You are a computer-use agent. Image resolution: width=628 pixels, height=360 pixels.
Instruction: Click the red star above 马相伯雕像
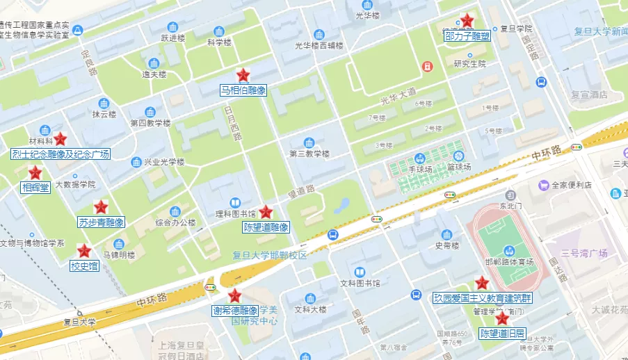(x=243, y=75)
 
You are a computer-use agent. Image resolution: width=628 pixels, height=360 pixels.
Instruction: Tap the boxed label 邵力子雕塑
(x=467, y=35)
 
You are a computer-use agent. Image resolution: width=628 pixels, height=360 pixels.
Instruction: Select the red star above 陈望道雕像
(x=266, y=212)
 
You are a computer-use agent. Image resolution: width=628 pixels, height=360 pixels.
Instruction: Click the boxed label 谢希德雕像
(x=235, y=311)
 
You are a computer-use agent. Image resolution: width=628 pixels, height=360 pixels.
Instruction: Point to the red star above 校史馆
(x=84, y=251)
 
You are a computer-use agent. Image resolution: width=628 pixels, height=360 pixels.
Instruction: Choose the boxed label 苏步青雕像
(x=101, y=222)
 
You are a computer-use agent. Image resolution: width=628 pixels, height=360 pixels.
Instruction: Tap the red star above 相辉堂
(x=35, y=172)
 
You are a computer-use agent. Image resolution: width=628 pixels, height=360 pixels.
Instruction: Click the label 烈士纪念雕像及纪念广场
(x=61, y=154)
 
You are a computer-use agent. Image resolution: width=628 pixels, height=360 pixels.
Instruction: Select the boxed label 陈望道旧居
(x=502, y=334)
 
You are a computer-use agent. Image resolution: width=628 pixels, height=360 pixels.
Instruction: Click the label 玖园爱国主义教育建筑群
(x=481, y=298)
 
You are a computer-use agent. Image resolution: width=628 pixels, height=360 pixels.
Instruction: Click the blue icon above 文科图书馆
(x=359, y=272)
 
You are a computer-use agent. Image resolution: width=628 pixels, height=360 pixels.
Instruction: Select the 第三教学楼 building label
(x=309, y=154)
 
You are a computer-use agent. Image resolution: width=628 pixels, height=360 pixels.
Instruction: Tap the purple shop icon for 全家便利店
(x=543, y=185)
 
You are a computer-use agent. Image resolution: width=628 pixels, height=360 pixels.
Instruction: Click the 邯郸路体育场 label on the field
(x=509, y=263)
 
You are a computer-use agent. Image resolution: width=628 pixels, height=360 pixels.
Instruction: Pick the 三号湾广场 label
(x=584, y=253)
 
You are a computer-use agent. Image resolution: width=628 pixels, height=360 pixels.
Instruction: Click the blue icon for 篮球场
(x=458, y=156)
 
